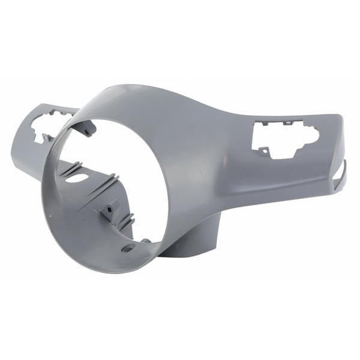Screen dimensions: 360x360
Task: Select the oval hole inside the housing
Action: (76, 178)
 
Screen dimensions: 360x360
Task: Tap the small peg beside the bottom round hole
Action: (145, 241)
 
